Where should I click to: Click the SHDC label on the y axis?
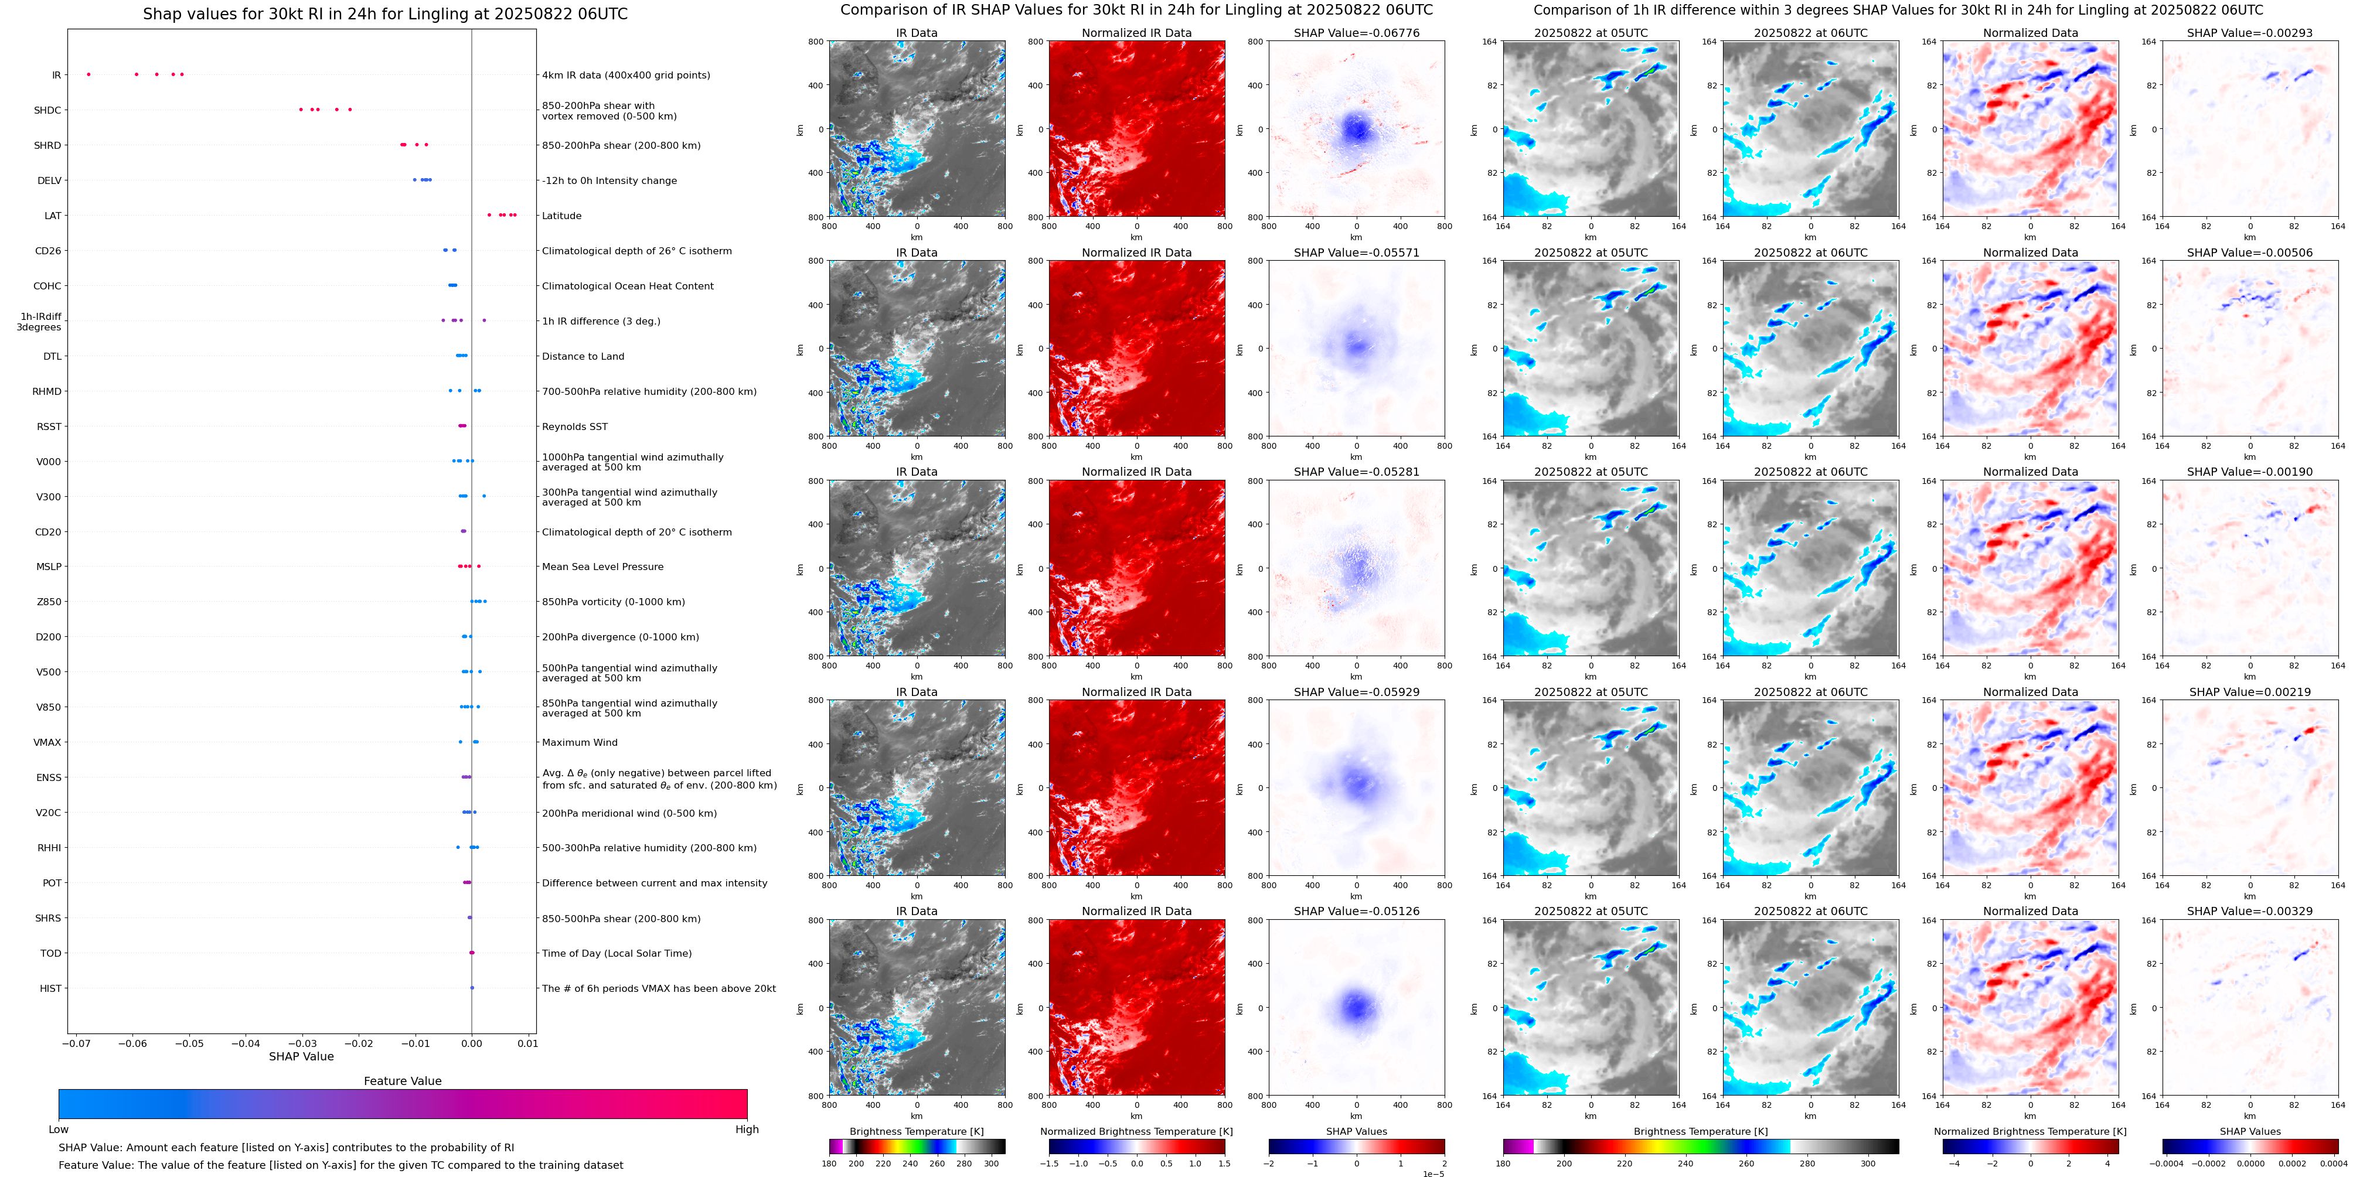(x=47, y=111)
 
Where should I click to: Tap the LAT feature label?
(x=53, y=216)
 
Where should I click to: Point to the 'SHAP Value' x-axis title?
(x=301, y=1056)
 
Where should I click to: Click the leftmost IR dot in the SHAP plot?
(x=88, y=74)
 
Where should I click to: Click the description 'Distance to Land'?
(x=583, y=356)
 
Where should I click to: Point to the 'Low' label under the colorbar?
(x=59, y=1130)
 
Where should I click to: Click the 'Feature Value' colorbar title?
(x=403, y=1081)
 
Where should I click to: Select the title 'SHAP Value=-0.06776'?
(x=1357, y=33)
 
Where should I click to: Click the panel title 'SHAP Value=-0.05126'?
(x=1357, y=911)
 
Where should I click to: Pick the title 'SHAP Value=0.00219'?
(x=2250, y=692)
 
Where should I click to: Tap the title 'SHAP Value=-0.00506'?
(x=2250, y=253)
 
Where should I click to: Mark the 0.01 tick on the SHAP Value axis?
(x=528, y=1043)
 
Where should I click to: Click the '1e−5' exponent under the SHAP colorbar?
(x=1432, y=1173)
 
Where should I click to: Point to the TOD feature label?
(x=51, y=953)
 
